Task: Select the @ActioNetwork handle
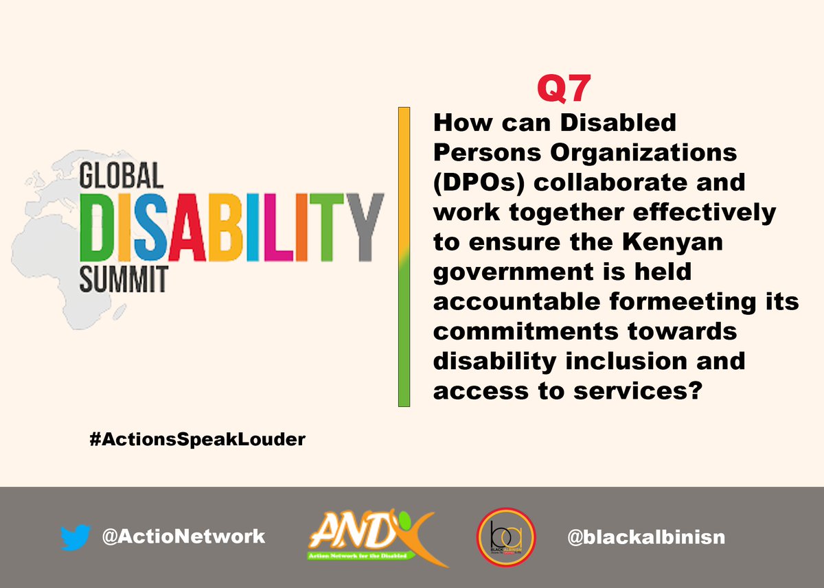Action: pos(183,536)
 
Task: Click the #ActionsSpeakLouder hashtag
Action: pos(197,440)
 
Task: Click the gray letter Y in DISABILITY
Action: pos(361,226)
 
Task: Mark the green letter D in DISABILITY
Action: pos(102,226)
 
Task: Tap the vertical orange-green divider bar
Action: pos(404,257)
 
